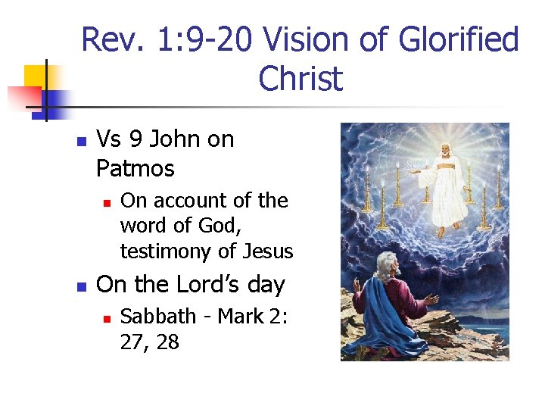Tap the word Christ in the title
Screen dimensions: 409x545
[x=301, y=79]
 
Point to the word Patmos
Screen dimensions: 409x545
[x=135, y=168]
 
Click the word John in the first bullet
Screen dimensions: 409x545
[x=171, y=139]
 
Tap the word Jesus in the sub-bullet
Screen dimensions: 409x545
[x=267, y=251]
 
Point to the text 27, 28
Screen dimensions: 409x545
[x=149, y=342]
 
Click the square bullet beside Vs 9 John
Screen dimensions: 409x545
[x=82, y=141]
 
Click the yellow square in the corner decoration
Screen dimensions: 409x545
[x=36, y=76]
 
